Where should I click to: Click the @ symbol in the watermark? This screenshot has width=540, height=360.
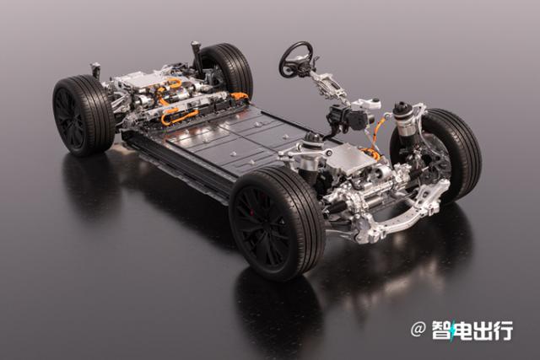(418, 330)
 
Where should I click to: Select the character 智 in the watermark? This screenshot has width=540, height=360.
(442, 330)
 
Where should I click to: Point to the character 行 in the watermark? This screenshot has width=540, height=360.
(503, 330)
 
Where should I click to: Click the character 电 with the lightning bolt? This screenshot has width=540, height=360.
(462, 330)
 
